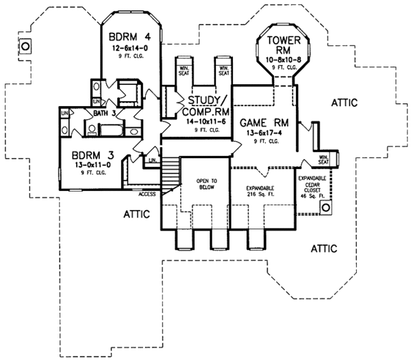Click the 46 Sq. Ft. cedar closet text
(x=313, y=196)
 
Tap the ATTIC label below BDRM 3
(x=138, y=214)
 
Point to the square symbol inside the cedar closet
(x=327, y=205)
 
